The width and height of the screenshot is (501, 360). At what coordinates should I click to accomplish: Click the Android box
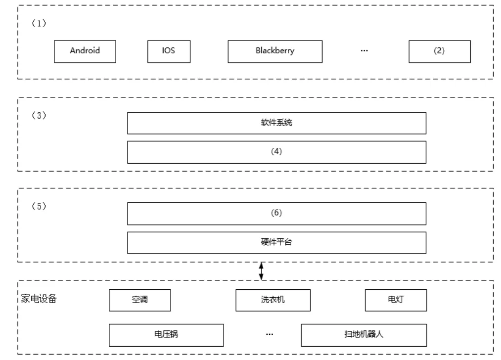click(85, 51)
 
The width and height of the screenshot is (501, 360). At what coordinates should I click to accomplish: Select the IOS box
click(169, 51)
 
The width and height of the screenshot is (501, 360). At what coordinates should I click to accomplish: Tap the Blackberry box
click(275, 51)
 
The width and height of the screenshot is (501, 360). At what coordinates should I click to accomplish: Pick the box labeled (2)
click(440, 51)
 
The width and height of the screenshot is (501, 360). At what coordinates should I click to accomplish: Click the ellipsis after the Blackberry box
click(364, 50)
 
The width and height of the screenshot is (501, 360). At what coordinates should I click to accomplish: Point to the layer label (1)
click(39, 23)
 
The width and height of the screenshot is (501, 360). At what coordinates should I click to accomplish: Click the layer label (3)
click(39, 115)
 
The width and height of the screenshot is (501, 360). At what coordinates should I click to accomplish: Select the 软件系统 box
click(276, 123)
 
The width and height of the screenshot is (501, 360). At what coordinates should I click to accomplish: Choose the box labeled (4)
click(276, 152)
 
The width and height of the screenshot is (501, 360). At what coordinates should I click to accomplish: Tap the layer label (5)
click(39, 206)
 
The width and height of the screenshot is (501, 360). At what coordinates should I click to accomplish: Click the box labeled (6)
click(276, 214)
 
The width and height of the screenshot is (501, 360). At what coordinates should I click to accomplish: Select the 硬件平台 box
click(276, 243)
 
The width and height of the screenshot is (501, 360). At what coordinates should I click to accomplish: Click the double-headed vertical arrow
click(261, 271)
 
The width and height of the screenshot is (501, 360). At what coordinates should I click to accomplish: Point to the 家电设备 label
click(39, 299)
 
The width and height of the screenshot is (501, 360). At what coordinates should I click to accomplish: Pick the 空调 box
click(140, 300)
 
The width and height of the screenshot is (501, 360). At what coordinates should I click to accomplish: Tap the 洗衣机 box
click(273, 300)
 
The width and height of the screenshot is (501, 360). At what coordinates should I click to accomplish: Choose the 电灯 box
click(396, 300)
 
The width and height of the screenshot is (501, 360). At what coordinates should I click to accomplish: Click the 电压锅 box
click(167, 335)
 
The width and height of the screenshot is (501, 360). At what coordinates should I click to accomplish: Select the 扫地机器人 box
click(364, 335)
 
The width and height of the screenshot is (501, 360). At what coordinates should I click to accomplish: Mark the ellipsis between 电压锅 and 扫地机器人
click(270, 334)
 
